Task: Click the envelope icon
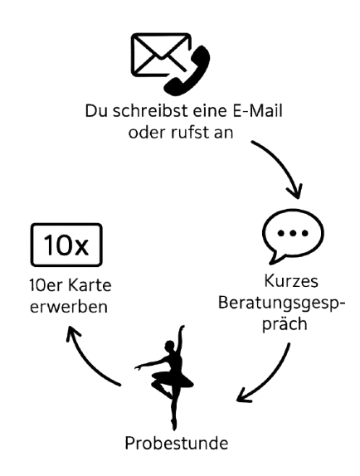[x=161, y=54]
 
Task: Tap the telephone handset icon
[x=187, y=70]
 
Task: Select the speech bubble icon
[x=293, y=236]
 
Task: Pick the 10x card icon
[x=66, y=245]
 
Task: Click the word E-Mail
[x=257, y=110]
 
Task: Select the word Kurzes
[x=291, y=281]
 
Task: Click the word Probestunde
[x=177, y=443]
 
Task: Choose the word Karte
[x=90, y=285]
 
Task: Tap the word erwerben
[x=69, y=307]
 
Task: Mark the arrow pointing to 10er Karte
[x=88, y=362]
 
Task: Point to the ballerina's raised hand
[x=182, y=328]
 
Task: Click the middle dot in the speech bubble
[x=293, y=233]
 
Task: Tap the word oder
[x=147, y=133]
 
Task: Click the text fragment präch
[x=285, y=324]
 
